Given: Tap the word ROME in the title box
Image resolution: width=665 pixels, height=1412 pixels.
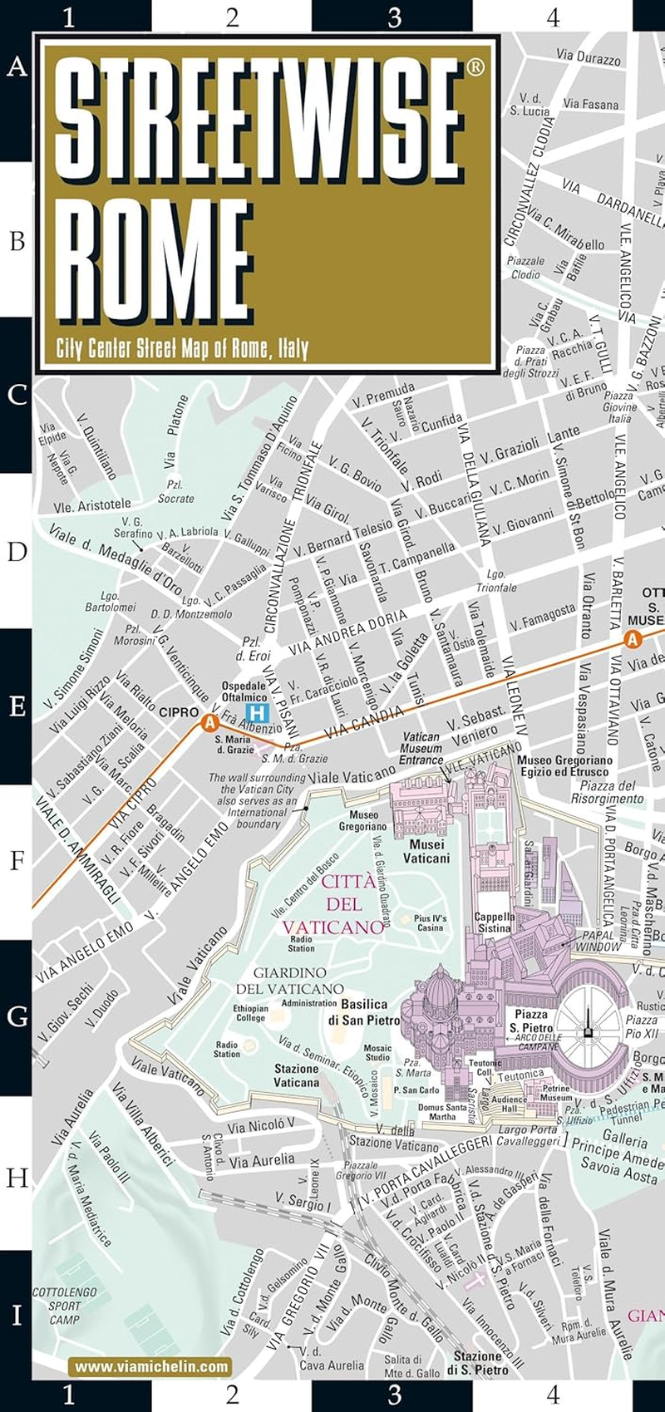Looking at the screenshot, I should pos(158,257).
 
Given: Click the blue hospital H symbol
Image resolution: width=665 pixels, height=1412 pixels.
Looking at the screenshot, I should pos(259,712).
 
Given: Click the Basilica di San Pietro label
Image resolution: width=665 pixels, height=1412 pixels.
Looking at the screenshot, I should pos(363,1012).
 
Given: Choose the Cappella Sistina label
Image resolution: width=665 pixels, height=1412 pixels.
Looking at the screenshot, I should pos(495,922).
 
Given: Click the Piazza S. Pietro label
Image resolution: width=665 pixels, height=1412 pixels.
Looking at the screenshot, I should pos(530,1021).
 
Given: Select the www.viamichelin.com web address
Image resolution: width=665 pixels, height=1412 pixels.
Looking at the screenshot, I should pos(151,1366).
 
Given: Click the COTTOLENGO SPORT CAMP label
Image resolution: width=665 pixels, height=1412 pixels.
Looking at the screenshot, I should pos(64,1306).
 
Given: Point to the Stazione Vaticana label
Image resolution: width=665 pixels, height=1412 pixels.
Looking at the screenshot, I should pos(296,1075).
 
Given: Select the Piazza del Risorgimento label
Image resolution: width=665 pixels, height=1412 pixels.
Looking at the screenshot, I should pos(607,792).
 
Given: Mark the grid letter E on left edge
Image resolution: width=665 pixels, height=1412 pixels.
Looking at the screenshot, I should pos(17,706).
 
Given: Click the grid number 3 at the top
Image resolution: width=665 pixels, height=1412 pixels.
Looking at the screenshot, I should pos(394,17).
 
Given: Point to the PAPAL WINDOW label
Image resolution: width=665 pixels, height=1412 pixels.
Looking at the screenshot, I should pos(598,941).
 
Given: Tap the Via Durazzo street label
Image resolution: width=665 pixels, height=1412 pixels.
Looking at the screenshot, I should pos(588,58).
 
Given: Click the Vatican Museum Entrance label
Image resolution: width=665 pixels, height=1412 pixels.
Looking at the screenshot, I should pos(421,748).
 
